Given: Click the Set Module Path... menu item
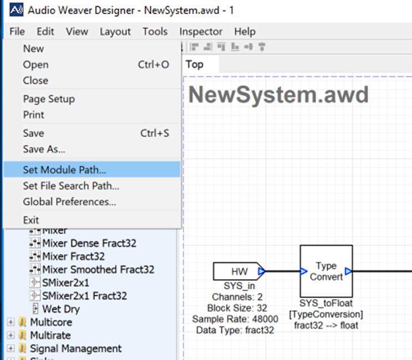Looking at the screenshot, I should (x=64, y=170).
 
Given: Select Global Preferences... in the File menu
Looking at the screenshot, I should (x=69, y=202).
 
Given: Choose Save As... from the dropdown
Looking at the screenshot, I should (x=44, y=149).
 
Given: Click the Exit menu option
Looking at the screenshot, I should (x=31, y=220).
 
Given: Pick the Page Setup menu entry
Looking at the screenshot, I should (x=49, y=99).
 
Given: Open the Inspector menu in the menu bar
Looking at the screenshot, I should (x=201, y=32).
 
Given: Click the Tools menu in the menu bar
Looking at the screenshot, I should (x=155, y=32).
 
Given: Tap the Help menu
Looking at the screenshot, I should (x=245, y=32).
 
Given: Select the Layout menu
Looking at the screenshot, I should (x=115, y=32).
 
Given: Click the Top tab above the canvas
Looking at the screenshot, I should (x=195, y=64).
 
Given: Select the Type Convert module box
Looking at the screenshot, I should (x=326, y=271).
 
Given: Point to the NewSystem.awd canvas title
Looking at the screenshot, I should (x=278, y=95).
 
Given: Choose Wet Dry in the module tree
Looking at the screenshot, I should (x=61, y=309).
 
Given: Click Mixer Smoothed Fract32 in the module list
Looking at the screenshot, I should (x=98, y=270).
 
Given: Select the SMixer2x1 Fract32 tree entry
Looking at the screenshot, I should (x=84, y=296).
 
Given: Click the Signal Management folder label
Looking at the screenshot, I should (x=75, y=348).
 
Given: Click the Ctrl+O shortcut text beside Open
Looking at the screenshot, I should (x=154, y=65).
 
